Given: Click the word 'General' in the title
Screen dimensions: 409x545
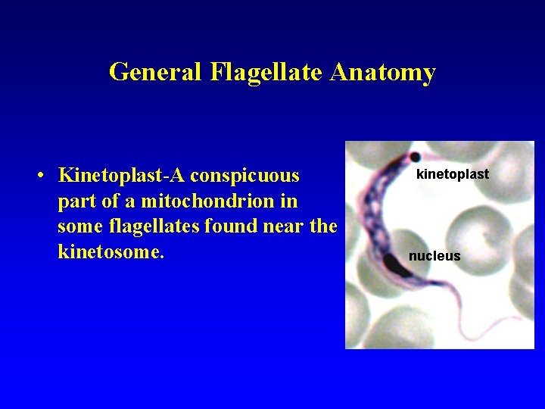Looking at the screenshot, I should [156, 72].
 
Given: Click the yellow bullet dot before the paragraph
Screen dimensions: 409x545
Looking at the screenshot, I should [42, 176].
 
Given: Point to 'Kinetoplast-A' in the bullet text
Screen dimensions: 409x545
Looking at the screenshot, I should [121, 176].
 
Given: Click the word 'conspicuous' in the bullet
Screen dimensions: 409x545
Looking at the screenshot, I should [244, 176].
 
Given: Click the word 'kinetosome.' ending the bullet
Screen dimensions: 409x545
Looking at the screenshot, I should [111, 251].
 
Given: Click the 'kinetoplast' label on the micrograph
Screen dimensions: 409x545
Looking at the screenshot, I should [453, 174].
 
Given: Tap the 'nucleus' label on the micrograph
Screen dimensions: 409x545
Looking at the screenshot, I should [434, 256].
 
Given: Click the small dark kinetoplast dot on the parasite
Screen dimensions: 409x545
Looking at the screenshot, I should [415, 158].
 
